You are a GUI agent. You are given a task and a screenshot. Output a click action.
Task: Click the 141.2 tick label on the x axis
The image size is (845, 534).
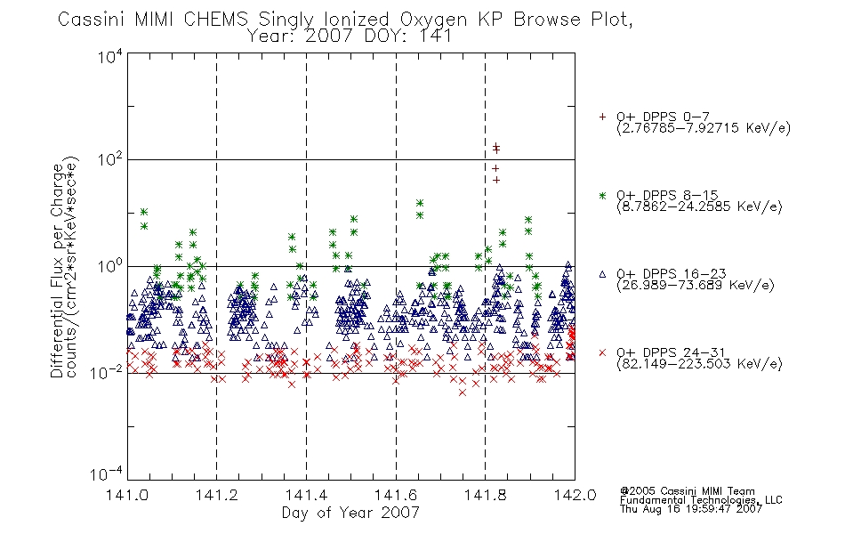[x=217, y=495]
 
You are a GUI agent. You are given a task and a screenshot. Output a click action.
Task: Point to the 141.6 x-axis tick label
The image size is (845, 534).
[x=396, y=495]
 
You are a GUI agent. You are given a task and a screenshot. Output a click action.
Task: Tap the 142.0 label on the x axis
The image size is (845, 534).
[x=575, y=495]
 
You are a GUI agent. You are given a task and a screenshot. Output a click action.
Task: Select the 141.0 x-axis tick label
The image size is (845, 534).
[x=128, y=495]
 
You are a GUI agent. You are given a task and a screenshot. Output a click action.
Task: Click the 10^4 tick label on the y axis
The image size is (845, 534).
[x=110, y=56]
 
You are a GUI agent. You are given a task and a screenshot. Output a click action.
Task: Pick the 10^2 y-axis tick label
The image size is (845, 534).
[x=110, y=159]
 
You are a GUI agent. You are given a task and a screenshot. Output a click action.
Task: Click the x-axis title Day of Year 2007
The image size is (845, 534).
[x=350, y=513]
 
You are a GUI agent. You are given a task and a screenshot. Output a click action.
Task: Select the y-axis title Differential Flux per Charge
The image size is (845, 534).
[x=57, y=271]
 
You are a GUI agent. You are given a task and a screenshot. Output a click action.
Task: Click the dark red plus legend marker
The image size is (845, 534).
[x=602, y=117]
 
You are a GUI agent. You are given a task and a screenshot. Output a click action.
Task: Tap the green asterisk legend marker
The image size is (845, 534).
[x=602, y=195]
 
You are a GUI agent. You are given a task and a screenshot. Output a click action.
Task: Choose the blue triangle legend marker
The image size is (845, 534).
[x=602, y=274]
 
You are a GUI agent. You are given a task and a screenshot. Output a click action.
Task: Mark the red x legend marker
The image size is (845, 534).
[x=602, y=352]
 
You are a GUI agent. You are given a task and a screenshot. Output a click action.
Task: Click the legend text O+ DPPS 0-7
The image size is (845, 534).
[x=663, y=117]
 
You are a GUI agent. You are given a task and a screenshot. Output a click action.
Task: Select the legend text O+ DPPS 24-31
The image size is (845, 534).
[x=671, y=352]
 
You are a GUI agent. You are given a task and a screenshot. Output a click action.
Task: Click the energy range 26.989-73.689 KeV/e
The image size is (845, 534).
[x=696, y=286]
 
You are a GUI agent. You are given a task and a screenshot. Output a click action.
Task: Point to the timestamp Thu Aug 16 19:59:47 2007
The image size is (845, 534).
[x=691, y=509]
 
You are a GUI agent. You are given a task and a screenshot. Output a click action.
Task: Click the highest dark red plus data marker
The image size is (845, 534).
[x=496, y=146]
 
